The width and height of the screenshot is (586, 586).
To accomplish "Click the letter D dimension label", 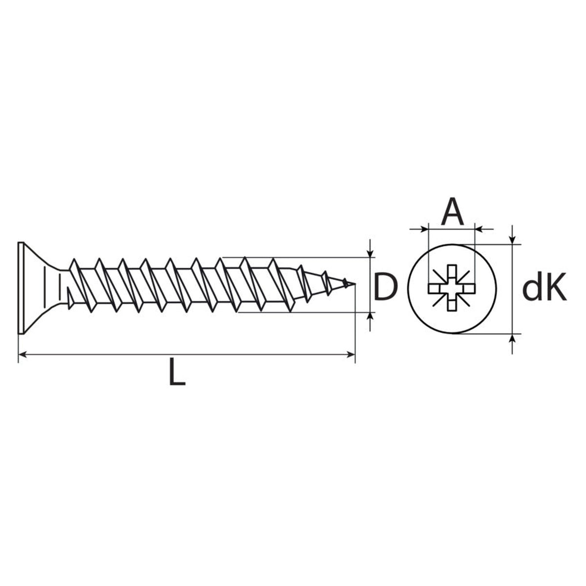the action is point(385,287).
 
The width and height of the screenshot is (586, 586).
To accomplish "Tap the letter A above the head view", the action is point(452,211).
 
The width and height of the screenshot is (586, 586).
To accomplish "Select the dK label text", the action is point(544,287).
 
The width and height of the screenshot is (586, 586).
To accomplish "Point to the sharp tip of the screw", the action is point(355,284).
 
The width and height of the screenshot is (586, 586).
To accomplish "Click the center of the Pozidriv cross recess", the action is point(452,288).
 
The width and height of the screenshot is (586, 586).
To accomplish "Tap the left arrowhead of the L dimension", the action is point(22,354).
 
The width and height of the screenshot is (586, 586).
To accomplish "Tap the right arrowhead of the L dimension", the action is point(351,354).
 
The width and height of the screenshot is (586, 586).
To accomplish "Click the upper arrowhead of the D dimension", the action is point(370,253).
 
